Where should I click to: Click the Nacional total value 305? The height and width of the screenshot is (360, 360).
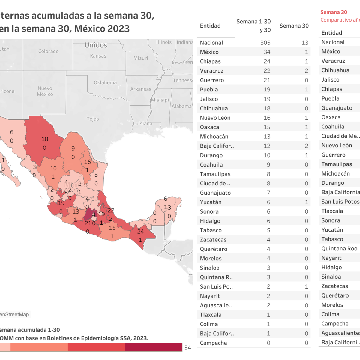pyautogui.click(x=265, y=43)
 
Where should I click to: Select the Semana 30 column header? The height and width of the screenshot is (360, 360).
pyautogui.click(x=294, y=26)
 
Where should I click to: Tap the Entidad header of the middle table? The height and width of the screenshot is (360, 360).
pyautogui.click(x=210, y=26)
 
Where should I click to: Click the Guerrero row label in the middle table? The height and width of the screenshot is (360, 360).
pyautogui.click(x=212, y=80)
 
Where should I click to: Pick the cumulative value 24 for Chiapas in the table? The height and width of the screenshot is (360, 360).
pyautogui.click(x=267, y=61)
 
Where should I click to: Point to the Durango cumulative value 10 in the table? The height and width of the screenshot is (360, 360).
pyautogui.click(x=267, y=155)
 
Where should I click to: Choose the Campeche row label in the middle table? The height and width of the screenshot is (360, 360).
pyautogui.click(x=213, y=343)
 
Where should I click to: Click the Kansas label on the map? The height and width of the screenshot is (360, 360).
pyautogui.click(x=98, y=56)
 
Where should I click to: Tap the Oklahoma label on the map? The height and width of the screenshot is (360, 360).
pyautogui.click(x=105, y=82)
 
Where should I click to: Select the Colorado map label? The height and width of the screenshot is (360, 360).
pyautogui.click(x=49, y=51)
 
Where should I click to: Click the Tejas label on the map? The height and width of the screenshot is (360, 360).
pyautogui.click(x=93, y=119)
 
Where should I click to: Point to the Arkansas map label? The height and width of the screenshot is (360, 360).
pyautogui.click(x=141, y=89)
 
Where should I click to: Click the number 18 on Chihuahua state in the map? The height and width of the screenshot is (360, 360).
pyautogui.click(x=45, y=139)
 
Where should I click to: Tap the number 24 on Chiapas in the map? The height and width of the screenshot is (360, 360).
pyautogui.click(x=140, y=232)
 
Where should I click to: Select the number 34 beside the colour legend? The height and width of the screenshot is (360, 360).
pyautogui.click(x=187, y=347)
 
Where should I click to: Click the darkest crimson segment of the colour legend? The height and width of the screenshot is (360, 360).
pyautogui.click(x=153, y=347)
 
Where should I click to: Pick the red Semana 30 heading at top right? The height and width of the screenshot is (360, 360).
pyautogui.click(x=334, y=12)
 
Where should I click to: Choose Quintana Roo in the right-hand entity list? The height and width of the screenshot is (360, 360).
pyautogui.click(x=339, y=249)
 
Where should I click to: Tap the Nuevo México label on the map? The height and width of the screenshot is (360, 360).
pyautogui.click(x=45, y=91)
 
